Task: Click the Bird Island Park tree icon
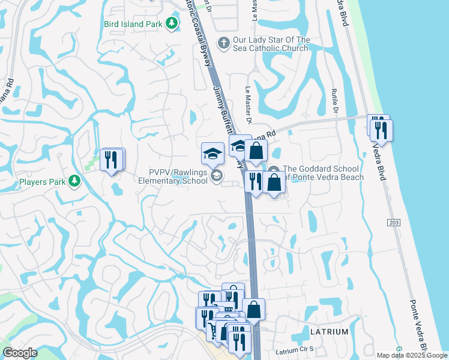(172, 23)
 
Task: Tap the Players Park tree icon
(74, 181)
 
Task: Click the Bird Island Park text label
(133, 24)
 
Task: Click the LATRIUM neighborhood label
(328, 331)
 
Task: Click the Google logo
(20, 352)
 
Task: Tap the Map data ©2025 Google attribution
(412, 355)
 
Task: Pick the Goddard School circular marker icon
(274, 170)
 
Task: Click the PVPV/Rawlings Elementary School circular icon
(217, 175)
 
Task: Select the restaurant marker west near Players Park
(112, 159)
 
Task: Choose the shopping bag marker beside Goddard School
(274, 182)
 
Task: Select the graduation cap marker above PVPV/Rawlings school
(212, 154)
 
